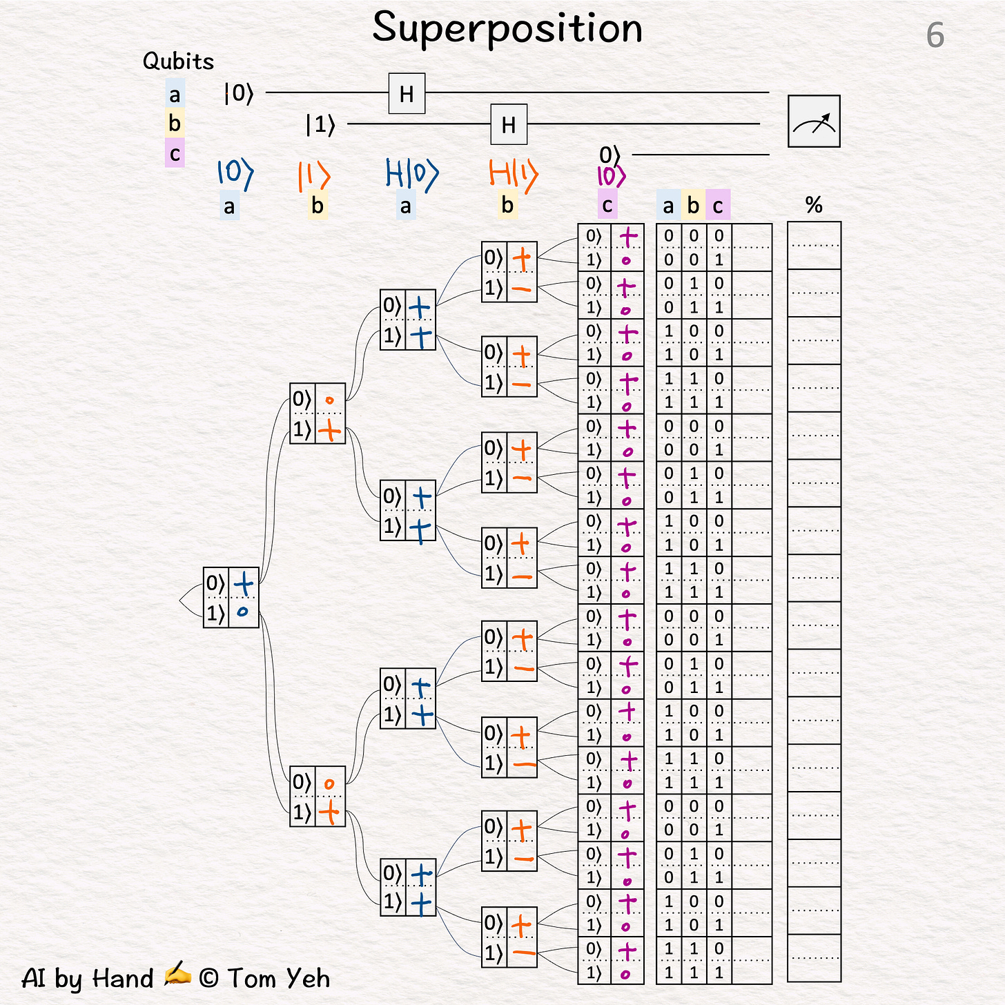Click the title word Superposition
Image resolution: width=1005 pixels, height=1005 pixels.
pyautogui.click(x=507, y=29)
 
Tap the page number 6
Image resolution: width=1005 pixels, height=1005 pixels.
pyautogui.click(x=935, y=35)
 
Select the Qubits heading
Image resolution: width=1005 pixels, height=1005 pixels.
pyautogui.click(x=178, y=61)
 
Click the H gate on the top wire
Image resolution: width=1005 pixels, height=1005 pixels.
pyautogui.click(x=407, y=93)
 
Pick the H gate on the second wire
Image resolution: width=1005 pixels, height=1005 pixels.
pyautogui.click(x=509, y=124)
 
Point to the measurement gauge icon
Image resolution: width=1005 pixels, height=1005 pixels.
pyautogui.click(x=814, y=121)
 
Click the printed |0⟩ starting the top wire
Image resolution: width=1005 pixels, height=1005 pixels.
pyautogui.click(x=239, y=92)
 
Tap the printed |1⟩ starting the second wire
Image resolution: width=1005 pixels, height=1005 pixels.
pyautogui.click(x=320, y=125)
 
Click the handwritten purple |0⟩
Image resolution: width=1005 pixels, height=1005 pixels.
pyautogui.click(x=611, y=177)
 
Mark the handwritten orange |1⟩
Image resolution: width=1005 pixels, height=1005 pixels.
pyautogui.click(x=314, y=176)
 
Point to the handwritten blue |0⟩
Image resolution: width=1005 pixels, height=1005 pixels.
pyautogui.click(x=235, y=173)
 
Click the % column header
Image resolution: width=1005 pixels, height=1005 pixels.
pyautogui.click(x=814, y=205)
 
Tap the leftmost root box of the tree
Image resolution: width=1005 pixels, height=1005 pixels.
pyautogui.click(x=231, y=597)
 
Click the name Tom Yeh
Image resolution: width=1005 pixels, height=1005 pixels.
pyautogui.click(x=279, y=978)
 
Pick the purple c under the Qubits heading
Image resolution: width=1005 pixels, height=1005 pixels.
pyautogui.click(x=175, y=153)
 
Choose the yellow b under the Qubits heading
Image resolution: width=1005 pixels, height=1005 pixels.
pyautogui.click(x=175, y=124)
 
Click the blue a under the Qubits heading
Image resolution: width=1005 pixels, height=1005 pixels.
pyautogui.click(x=175, y=95)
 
